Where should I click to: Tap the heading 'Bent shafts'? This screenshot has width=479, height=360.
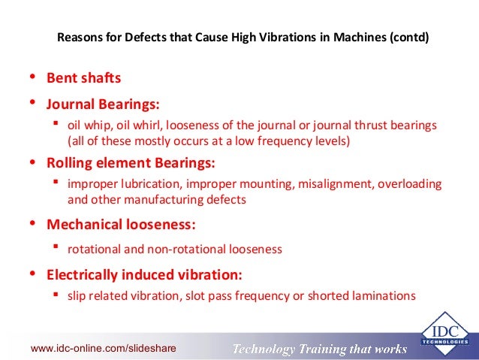coord(83,77)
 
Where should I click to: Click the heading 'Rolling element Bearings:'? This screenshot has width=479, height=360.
coord(131,162)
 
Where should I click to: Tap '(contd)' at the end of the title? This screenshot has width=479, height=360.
coord(409,35)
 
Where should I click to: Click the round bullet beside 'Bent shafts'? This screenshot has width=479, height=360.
coord(32,77)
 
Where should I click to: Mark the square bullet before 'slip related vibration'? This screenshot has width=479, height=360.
coord(56,295)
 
